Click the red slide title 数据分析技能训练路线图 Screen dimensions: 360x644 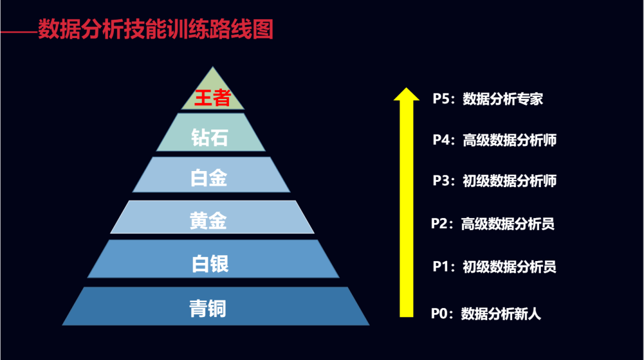[156, 29]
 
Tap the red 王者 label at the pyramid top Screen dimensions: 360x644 [213, 97]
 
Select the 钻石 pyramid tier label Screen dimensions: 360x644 [210, 138]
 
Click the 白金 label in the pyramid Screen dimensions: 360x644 [209, 178]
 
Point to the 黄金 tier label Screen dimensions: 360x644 [208, 221]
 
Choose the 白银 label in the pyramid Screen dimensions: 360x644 [210, 263]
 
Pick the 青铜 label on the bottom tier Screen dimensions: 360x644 [208, 309]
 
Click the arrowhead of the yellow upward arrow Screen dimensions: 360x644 [407, 95]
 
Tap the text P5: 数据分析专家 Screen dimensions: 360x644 [488, 99]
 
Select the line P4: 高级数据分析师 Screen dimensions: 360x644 [494, 141]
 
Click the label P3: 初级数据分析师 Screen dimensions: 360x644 [494, 181]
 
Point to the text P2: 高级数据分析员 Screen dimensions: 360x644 [493, 224]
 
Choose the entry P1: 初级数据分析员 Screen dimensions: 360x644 [494, 266]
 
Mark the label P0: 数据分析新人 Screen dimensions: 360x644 [486, 314]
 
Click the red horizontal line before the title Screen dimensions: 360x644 [18, 30]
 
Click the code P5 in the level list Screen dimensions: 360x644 [441, 99]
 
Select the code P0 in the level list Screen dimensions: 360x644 [439, 314]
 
